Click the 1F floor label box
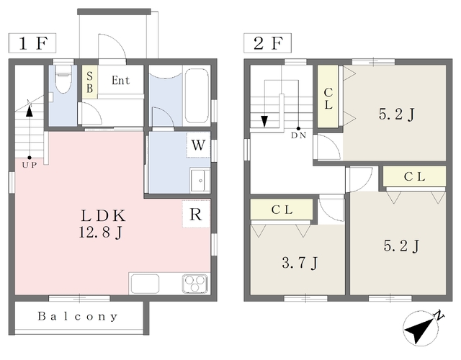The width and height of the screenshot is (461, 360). point(32,43)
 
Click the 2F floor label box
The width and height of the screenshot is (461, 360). point(267,43)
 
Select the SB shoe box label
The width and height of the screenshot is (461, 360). point(89,82)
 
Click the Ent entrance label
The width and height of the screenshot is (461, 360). point(120,81)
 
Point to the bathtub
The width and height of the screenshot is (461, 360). point(197,96)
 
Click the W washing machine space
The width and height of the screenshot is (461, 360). point(199,145)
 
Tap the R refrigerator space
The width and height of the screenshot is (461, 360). point(196,214)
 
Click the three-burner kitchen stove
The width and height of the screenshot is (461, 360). point(195,283)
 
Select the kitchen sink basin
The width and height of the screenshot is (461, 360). point(146,284)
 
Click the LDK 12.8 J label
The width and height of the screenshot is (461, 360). point(102,224)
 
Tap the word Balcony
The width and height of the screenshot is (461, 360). point(78,317)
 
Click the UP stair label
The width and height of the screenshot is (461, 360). point(30,165)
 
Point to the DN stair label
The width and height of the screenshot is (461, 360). point(299,135)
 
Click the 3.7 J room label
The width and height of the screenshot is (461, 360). point(300,262)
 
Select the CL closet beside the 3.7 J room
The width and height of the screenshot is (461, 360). point(282,210)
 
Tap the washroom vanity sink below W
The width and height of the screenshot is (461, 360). point(200,180)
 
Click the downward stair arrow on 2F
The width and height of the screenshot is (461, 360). point(264,121)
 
